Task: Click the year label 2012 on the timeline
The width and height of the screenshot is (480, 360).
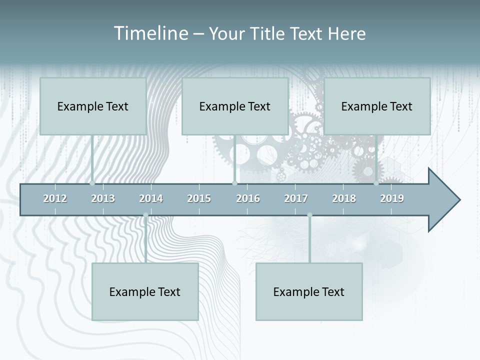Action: [x=55, y=198]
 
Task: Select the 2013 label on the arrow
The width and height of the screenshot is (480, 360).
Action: [x=103, y=198]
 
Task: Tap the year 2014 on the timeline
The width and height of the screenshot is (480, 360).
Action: [x=151, y=198]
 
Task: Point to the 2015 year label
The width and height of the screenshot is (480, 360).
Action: [x=199, y=198]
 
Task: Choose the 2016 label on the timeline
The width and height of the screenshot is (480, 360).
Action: [x=248, y=198]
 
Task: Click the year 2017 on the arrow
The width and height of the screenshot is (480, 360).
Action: [x=296, y=198]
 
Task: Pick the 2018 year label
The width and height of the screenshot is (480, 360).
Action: [x=344, y=198]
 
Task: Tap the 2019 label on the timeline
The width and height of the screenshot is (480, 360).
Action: [x=392, y=198]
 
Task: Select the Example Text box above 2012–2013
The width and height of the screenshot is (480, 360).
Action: [x=93, y=106]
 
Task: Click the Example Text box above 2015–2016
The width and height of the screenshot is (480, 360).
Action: [x=235, y=106]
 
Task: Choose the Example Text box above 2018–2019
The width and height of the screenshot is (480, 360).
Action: [x=377, y=106]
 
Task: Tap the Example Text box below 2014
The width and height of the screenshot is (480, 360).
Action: [x=145, y=291]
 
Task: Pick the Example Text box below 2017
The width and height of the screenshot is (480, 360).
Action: [x=309, y=291]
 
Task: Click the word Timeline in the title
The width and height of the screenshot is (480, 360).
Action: [x=150, y=33]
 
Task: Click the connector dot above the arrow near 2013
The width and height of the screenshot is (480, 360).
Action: [x=92, y=183]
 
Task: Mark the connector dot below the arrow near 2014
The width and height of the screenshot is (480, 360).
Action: [x=145, y=215]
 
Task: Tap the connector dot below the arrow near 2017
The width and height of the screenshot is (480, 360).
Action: [x=309, y=215]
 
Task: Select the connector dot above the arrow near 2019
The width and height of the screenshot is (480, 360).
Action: [x=376, y=183]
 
